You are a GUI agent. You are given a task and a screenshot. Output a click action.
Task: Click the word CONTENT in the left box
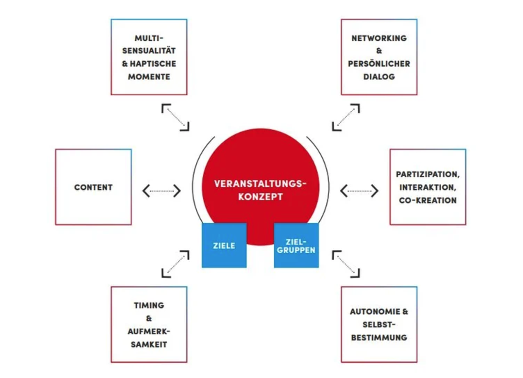click(93, 187)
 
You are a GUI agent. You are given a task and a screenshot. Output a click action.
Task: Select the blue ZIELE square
click(224, 245)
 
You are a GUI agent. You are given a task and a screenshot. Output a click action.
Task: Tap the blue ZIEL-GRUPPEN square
click(296, 245)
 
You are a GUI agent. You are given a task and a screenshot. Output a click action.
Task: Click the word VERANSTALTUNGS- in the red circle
click(260, 184)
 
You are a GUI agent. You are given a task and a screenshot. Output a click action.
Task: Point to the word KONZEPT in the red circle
click(260, 197)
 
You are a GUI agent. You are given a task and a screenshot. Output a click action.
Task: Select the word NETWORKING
click(379, 38)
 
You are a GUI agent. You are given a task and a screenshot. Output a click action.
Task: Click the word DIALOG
click(379, 77)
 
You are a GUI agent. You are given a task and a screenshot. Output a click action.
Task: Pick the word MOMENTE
click(149, 77)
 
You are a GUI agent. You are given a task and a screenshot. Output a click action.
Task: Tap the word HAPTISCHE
click(153, 64)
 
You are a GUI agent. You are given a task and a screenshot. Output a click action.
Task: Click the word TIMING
click(149, 305)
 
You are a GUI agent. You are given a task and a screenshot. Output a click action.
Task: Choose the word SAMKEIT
click(149, 344)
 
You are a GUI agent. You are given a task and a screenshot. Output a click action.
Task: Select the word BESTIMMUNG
click(379, 338)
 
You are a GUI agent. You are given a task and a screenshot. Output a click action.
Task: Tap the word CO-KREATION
click(428, 200)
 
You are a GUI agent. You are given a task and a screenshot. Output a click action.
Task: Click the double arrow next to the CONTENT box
click(161, 191)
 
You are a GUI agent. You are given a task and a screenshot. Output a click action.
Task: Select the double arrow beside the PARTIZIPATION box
click(359, 191)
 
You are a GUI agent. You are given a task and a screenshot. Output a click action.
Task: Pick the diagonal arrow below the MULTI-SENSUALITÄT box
click(175, 117)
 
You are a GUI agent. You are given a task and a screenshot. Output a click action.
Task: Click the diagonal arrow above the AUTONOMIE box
click(346, 264)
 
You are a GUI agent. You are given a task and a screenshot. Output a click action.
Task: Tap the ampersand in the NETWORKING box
click(379, 51)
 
